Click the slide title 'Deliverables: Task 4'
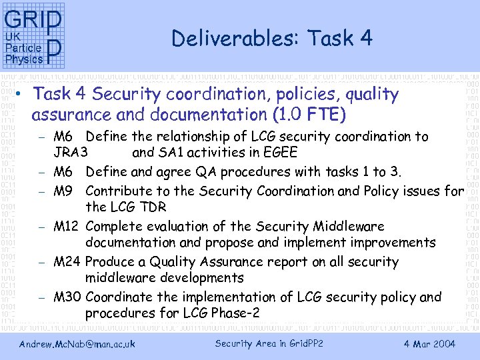(x=271, y=39)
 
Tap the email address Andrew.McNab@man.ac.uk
(x=77, y=344)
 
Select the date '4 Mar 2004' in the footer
(x=429, y=344)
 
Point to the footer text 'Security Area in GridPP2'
(x=269, y=344)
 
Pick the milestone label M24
(x=67, y=262)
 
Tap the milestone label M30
(x=67, y=297)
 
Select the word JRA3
(x=71, y=153)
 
